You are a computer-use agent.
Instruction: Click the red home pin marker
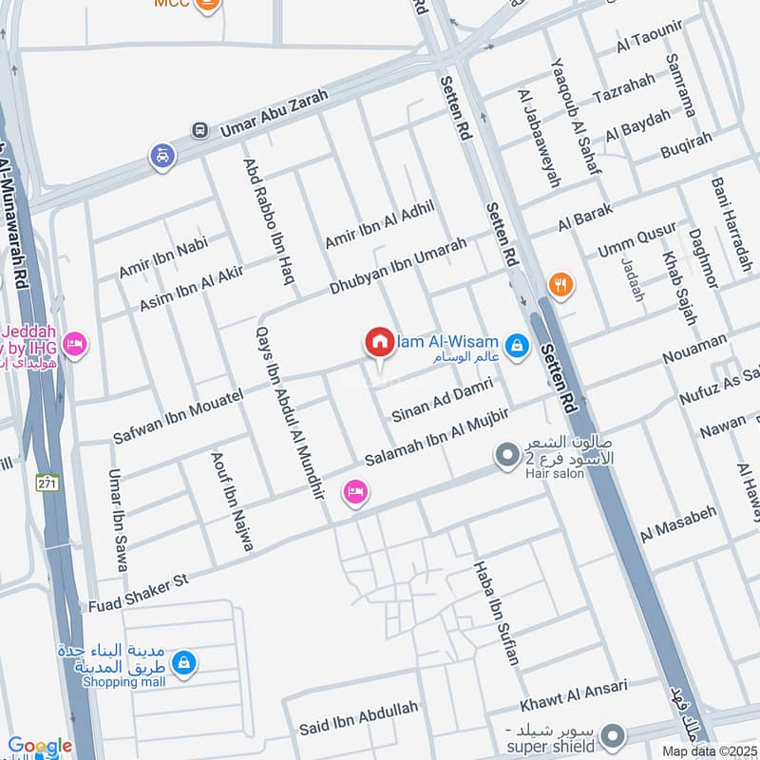pyautogui.click(x=379, y=343)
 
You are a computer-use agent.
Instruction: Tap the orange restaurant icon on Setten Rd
pyautogui.click(x=560, y=283)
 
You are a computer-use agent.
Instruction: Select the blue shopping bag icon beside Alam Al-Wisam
pyautogui.click(x=517, y=345)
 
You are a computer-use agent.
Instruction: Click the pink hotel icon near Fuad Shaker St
pyautogui.click(x=356, y=493)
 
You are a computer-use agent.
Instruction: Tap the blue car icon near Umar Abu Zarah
pyautogui.click(x=162, y=155)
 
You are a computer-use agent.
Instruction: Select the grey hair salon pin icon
pyautogui.click(x=504, y=457)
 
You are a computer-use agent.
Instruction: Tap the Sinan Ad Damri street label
pyautogui.click(x=442, y=400)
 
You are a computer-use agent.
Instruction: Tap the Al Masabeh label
pyautogui.click(x=677, y=523)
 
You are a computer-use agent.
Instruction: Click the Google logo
pyautogui.click(x=40, y=747)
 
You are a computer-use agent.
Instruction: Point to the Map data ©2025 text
pyautogui.click(x=711, y=750)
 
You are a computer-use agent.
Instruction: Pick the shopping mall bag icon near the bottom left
pyautogui.click(x=184, y=662)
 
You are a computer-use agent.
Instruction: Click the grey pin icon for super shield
pyautogui.click(x=615, y=735)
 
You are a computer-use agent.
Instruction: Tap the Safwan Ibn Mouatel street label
pyautogui.click(x=178, y=415)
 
